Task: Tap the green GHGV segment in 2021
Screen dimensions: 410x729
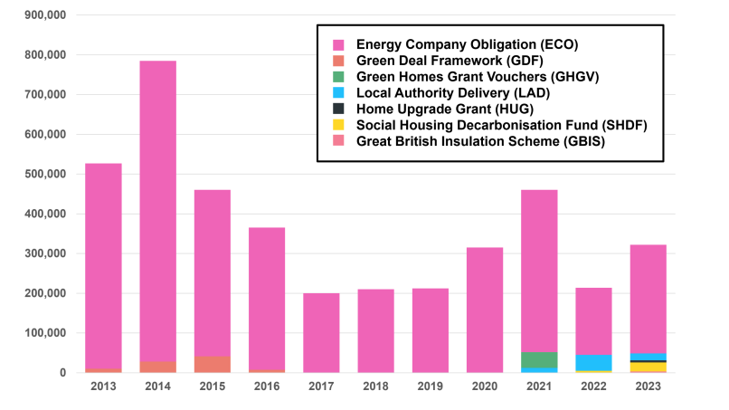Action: [x=539, y=360]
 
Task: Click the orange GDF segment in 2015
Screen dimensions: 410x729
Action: [x=213, y=364]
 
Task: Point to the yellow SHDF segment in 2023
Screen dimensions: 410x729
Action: [x=649, y=367]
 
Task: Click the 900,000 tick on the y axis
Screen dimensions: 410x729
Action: [x=42, y=15]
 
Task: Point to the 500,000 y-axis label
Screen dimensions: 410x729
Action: [x=42, y=175]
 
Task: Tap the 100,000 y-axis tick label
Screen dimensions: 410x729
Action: [x=42, y=334]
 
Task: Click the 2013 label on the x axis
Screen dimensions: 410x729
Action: [x=103, y=386]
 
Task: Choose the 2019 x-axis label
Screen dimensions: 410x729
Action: [x=431, y=386]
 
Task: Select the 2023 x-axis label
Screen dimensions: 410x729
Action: [x=649, y=386]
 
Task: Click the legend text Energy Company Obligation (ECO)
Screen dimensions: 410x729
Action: [x=467, y=43]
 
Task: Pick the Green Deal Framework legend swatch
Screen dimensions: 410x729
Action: [x=338, y=61]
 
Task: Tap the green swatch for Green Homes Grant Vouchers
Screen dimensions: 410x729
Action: [x=338, y=77]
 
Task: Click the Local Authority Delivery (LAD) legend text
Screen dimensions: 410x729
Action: [x=453, y=92]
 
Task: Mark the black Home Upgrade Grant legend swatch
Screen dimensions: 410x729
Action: [x=338, y=109]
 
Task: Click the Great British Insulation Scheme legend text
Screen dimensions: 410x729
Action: [x=480, y=141]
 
